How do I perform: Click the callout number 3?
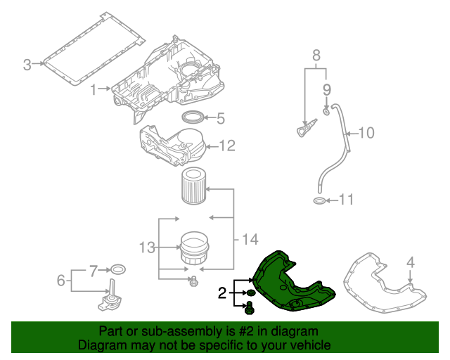point(27,65)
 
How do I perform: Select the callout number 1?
point(94,89)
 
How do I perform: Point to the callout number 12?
point(226,146)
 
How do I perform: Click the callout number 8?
point(316,55)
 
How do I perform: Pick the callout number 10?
point(368,132)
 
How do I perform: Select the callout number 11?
point(345,201)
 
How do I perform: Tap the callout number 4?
point(410,262)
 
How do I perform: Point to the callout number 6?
point(61,281)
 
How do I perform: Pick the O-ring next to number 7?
point(119,269)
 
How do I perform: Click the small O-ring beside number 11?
point(319,202)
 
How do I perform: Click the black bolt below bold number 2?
point(249,306)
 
